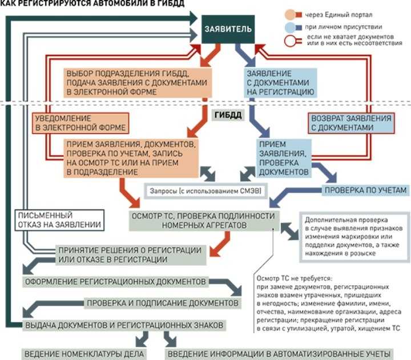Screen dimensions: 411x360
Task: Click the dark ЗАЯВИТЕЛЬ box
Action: [228, 29]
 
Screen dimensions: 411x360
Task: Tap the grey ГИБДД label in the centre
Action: [228, 115]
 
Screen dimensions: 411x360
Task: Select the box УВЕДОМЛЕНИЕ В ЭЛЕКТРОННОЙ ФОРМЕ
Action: [80, 123]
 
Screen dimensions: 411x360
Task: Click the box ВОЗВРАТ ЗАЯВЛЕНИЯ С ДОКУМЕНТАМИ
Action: [351, 123]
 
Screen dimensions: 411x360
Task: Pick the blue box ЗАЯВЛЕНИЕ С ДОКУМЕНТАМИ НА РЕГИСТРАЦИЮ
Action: [280, 83]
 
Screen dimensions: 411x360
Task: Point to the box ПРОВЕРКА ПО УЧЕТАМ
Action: [365, 190]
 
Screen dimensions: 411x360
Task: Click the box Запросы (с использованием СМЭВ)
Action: [205, 191]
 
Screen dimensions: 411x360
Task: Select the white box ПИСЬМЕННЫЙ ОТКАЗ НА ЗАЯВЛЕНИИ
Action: [59, 220]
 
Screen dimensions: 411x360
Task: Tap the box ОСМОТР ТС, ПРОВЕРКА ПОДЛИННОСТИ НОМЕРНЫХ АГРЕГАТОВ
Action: [204, 221]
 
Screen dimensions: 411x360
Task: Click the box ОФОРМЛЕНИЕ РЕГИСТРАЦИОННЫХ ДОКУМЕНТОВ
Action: [115, 282]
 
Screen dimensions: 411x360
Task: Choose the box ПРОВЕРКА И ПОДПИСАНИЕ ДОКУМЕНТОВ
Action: [163, 303]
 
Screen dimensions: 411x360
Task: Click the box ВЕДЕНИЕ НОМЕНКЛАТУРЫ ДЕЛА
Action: [84, 354]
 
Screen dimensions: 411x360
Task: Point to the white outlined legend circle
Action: [289, 41]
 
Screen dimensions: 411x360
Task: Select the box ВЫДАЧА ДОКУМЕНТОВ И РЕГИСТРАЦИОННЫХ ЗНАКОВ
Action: [124, 325]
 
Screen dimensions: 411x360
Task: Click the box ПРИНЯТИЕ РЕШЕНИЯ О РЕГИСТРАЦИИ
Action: [131, 255]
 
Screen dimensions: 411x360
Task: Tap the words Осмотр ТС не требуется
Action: [295, 278]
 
